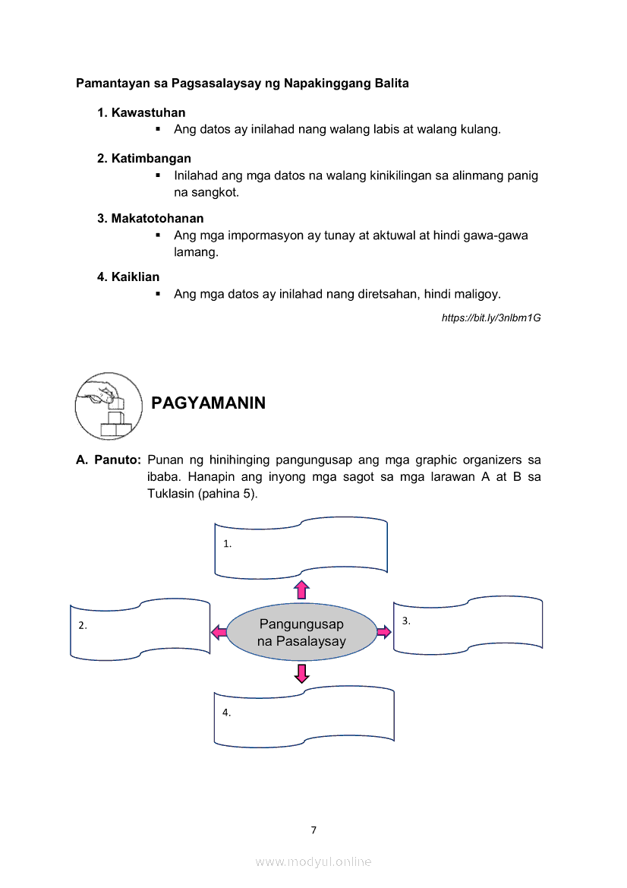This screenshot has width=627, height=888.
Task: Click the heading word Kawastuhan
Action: (x=148, y=112)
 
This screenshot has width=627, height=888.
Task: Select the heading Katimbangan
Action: (x=151, y=158)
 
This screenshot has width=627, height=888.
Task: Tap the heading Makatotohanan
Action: (x=157, y=218)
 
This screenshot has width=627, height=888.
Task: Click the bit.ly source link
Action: (x=490, y=317)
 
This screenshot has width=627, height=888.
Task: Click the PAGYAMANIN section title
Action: (x=208, y=403)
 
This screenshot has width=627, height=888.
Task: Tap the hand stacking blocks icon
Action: (x=109, y=406)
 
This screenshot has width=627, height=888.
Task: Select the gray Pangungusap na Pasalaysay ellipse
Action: (x=301, y=632)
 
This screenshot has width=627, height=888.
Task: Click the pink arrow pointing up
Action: (x=302, y=589)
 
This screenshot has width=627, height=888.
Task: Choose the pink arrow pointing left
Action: (x=218, y=631)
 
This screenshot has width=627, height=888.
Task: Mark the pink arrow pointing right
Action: (x=383, y=631)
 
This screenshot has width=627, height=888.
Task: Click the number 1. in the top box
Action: (x=227, y=544)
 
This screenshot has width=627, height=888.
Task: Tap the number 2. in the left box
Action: (x=83, y=626)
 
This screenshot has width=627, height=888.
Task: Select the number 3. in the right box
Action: (x=406, y=621)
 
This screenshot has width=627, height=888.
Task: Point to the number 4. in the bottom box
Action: (x=226, y=713)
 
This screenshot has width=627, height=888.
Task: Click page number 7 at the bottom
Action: (x=313, y=830)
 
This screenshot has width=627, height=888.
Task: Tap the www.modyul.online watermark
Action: (x=313, y=861)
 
